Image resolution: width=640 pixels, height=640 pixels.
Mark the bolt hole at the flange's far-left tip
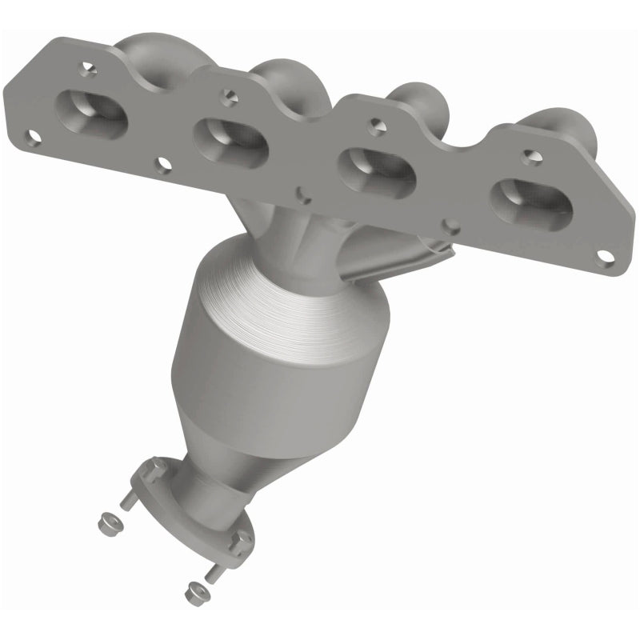pos(32,138)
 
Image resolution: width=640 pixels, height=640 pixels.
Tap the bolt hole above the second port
pos(230,99)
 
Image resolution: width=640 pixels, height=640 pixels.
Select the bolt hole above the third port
pos(374,125)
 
